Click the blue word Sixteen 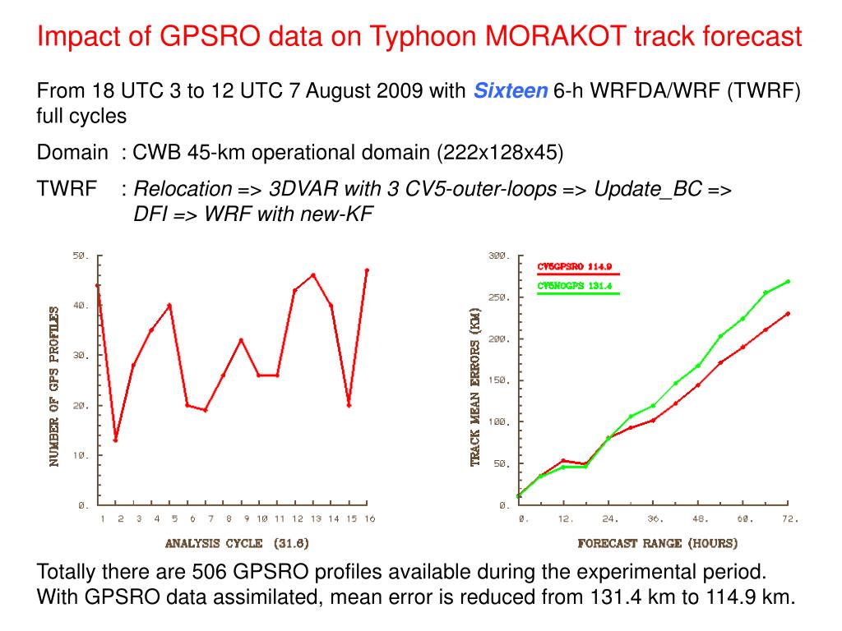pos(510,91)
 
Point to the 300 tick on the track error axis pos(498,256)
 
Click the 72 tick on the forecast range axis pos(790,518)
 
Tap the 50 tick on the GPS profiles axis pos(81,256)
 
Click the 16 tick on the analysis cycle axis pos(369,518)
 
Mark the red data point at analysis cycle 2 pos(115,440)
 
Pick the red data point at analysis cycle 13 pos(313,275)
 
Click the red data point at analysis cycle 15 pos(349,405)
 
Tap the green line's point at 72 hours pos(788,281)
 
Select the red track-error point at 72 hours pos(788,313)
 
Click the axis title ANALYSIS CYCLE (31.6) pos(237,543)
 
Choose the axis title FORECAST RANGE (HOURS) pos(657,543)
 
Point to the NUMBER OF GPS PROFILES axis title pos(54,386)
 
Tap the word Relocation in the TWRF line pos(183,189)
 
